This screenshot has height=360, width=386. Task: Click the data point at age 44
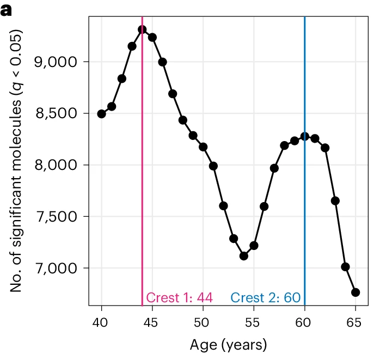(142, 30)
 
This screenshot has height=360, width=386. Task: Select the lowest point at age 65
(356, 292)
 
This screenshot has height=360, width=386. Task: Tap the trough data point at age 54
(244, 256)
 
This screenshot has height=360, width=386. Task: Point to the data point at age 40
(101, 114)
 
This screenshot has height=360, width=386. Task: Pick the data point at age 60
(305, 136)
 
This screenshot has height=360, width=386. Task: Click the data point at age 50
(203, 147)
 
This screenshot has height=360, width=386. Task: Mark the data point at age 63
(335, 200)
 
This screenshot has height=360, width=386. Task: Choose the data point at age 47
(173, 94)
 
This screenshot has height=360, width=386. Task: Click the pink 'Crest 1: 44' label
(180, 297)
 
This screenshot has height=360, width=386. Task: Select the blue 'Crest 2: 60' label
(266, 297)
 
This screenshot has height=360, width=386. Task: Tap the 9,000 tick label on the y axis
(56, 62)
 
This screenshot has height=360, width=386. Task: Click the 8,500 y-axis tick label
(57, 113)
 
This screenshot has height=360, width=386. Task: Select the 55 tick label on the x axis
(253, 322)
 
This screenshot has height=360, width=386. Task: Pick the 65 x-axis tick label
(354, 322)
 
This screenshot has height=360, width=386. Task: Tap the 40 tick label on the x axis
(100, 322)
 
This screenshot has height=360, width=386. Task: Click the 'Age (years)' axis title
(228, 345)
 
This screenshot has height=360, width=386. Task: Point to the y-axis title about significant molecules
(16, 161)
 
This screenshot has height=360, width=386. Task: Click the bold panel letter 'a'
(6, 10)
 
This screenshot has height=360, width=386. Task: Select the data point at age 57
(274, 168)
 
